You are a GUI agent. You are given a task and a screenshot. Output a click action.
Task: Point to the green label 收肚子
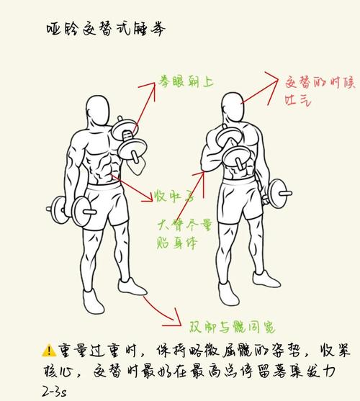click(x=174, y=196)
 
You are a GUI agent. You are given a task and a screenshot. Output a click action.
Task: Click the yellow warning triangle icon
click(x=49, y=351)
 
